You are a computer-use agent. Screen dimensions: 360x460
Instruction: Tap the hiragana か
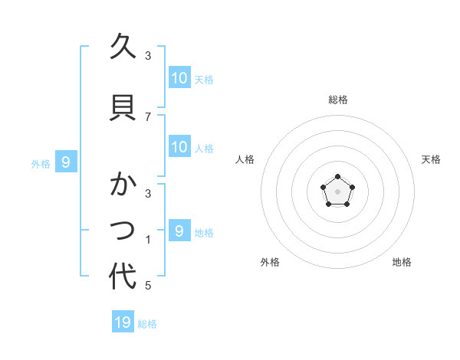(x=123, y=185)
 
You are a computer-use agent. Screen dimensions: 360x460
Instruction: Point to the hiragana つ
(x=123, y=230)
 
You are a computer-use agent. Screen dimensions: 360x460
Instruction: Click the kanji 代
(x=123, y=277)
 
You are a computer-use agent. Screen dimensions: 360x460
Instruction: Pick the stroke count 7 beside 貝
(x=148, y=116)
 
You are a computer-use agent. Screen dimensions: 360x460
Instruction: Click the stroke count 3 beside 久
(x=148, y=56)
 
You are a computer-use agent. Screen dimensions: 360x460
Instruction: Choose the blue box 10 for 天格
(x=179, y=78)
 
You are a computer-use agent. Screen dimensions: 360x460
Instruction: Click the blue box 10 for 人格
(x=179, y=147)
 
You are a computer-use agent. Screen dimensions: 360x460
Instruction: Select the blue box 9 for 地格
(x=179, y=231)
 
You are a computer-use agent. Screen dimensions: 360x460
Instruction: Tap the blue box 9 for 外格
(x=66, y=162)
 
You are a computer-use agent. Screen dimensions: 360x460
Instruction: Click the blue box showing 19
(x=123, y=322)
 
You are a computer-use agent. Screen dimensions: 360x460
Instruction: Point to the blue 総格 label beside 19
(x=147, y=324)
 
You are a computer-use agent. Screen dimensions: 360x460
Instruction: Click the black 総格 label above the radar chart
(x=338, y=100)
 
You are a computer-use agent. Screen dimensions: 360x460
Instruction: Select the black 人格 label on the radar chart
(x=245, y=159)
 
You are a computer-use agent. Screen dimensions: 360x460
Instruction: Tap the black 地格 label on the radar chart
(x=402, y=263)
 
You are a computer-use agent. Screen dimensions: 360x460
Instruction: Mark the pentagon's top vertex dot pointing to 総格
(x=338, y=177)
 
